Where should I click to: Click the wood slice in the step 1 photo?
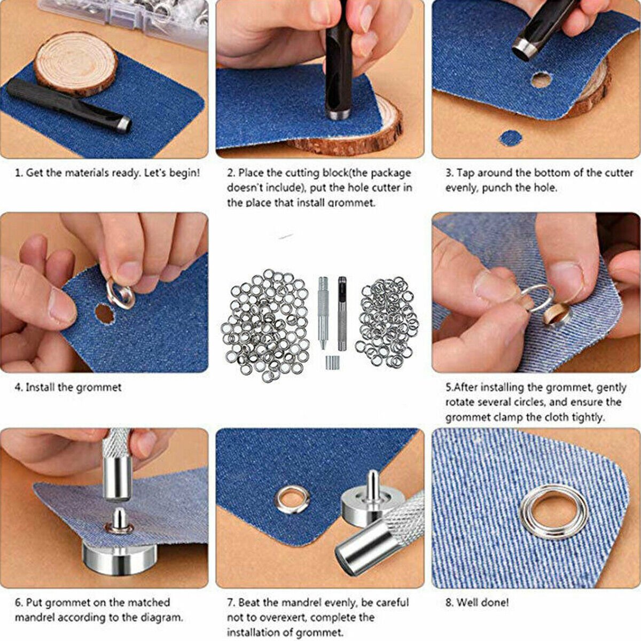pos(75,64)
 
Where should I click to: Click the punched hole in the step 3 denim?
pos(541,80)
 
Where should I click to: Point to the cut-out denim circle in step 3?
pos(510,138)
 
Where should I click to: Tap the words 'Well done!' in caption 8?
pos(483,603)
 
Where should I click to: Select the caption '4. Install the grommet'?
pos(68,387)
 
